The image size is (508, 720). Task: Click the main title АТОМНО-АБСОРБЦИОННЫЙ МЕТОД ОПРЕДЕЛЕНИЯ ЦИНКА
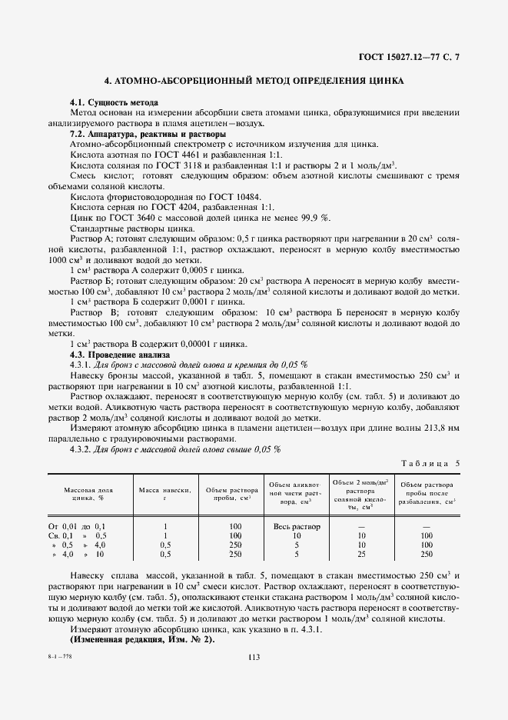point(254,80)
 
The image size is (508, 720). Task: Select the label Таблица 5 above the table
point(431,463)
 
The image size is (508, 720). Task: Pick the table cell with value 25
point(360,554)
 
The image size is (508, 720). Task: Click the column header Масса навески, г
point(164,493)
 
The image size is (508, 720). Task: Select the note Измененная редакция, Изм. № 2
point(142,640)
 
